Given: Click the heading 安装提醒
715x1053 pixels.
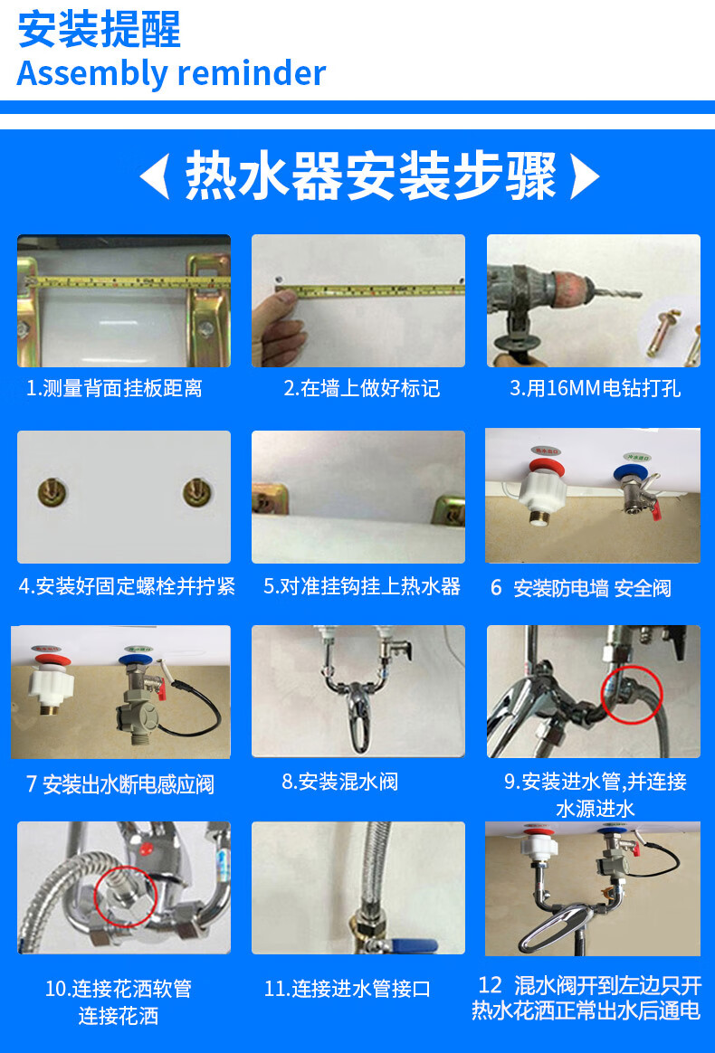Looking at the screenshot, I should click(x=100, y=30).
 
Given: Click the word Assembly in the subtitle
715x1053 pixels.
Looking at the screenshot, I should click(x=85, y=73).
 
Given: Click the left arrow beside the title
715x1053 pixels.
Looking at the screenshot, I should click(x=155, y=175).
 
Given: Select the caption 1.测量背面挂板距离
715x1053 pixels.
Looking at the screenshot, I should click(x=114, y=389).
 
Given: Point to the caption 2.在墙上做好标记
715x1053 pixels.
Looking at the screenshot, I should click(x=361, y=389).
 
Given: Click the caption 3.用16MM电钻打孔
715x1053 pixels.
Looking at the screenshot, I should click(x=595, y=389).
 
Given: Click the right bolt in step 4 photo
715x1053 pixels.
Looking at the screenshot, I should click(x=195, y=493).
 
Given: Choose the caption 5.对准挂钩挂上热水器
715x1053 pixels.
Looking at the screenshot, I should click(x=361, y=586).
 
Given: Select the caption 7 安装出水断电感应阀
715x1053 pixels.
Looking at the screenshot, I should click(x=119, y=783).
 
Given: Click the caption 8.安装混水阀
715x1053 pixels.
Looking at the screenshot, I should click(x=339, y=782).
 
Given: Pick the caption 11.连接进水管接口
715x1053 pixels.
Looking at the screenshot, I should click(x=347, y=989).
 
